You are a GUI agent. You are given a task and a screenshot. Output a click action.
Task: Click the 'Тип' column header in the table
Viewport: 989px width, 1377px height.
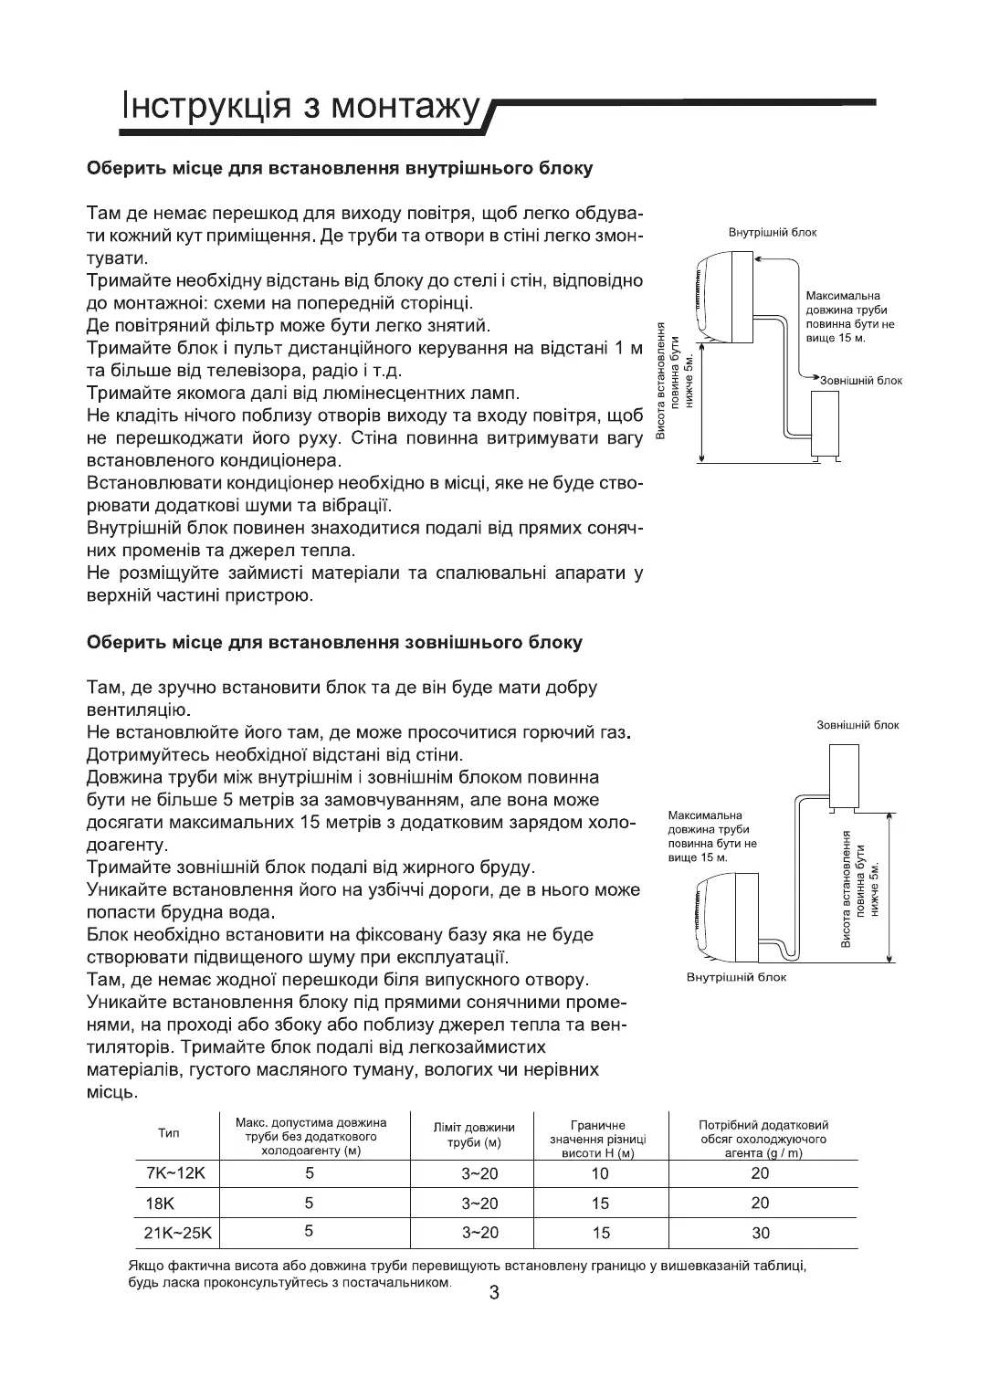pyautogui.click(x=169, y=1133)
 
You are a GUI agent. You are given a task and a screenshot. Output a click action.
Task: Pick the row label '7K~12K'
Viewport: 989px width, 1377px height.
pyautogui.click(x=170, y=1173)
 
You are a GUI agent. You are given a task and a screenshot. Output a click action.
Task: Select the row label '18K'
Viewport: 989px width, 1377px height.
pyautogui.click(x=160, y=1204)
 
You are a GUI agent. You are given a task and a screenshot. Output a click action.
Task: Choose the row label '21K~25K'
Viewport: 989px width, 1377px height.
pyautogui.click(x=177, y=1233)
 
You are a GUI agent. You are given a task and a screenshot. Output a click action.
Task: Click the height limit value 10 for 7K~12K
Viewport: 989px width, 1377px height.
pyautogui.click(x=599, y=1173)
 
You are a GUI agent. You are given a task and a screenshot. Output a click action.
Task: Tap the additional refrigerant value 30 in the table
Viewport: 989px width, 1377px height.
pyautogui.click(x=760, y=1233)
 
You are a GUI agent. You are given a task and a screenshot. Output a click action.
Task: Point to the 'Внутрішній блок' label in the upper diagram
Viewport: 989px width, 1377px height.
pyautogui.click(x=773, y=233)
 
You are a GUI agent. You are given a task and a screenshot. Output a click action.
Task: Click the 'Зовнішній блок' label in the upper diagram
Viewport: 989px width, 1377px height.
pyautogui.click(x=860, y=380)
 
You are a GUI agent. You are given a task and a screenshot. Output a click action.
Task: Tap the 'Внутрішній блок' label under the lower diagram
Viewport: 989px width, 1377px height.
pyautogui.click(x=735, y=978)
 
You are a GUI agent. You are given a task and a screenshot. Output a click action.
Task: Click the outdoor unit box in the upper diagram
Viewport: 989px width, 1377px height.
pyautogui.click(x=826, y=420)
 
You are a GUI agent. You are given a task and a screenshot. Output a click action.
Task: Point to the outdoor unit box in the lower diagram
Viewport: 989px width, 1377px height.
pyautogui.click(x=844, y=773)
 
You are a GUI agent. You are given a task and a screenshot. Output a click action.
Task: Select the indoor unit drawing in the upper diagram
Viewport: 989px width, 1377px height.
pyautogui.click(x=726, y=296)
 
